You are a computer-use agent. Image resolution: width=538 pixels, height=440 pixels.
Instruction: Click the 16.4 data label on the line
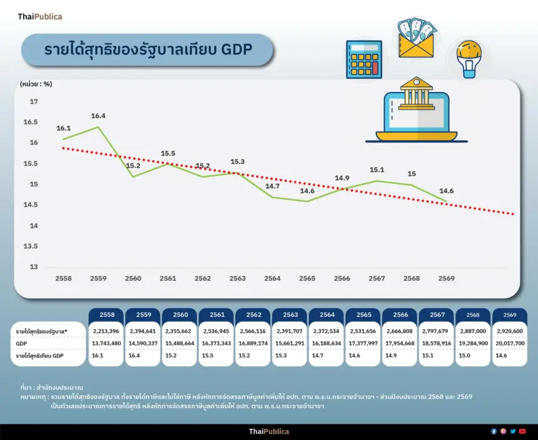point(98,116)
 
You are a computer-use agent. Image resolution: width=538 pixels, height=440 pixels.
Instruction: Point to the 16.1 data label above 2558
point(63,128)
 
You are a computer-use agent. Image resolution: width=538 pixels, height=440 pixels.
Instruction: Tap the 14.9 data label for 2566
point(342,178)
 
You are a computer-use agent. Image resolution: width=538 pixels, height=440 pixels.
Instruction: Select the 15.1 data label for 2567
point(377,169)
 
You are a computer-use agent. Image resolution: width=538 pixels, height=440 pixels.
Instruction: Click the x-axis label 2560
point(133,279)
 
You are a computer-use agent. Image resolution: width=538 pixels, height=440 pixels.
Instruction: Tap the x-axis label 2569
point(446,279)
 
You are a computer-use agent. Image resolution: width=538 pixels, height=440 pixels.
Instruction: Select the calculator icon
point(363,59)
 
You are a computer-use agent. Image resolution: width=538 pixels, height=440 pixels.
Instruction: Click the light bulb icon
point(468,59)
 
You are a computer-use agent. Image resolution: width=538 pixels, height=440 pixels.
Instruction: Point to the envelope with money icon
point(416,39)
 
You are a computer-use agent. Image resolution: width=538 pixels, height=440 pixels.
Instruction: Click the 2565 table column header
point(363,315)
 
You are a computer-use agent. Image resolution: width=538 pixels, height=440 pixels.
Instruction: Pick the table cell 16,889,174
point(253,343)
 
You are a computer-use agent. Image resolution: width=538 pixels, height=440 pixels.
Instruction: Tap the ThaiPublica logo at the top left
point(40,17)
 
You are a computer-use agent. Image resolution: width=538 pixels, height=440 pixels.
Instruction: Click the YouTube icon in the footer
point(522,431)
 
